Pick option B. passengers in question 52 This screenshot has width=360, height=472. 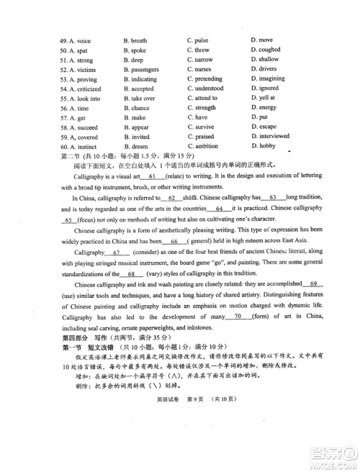click(x=140, y=70)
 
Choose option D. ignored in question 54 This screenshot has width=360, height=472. click(x=264, y=88)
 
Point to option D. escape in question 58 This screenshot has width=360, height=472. click(x=263, y=127)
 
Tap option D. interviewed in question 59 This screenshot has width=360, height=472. click(x=270, y=136)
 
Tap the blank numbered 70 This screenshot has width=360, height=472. click(x=238, y=315)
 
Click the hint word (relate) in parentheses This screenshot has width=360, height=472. click(x=179, y=177)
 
